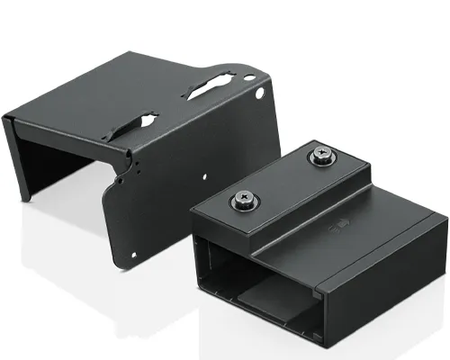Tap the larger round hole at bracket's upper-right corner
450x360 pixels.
261,92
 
